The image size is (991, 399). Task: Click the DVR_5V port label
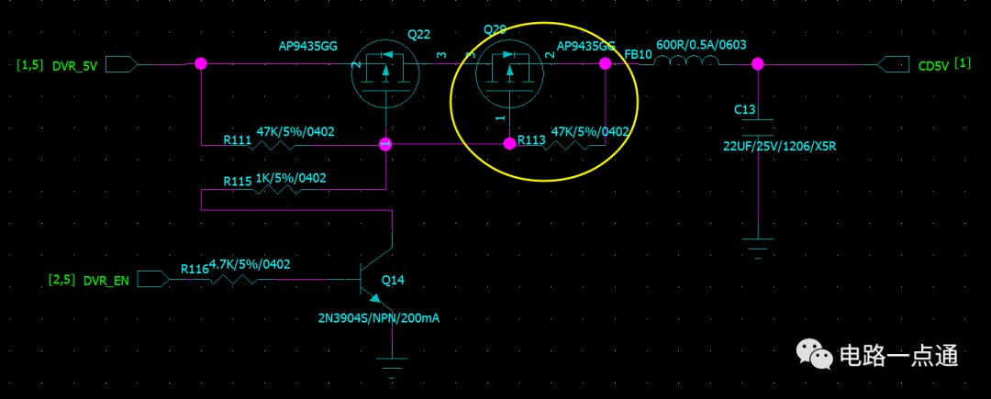(74, 66)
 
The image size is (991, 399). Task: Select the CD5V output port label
(932, 66)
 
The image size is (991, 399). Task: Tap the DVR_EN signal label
(106, 281)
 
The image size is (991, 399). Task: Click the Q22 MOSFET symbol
(385, 74)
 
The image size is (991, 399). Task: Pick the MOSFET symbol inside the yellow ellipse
(509, 74)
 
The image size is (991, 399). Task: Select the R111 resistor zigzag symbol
(273, 145)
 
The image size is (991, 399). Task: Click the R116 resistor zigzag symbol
(230, 279)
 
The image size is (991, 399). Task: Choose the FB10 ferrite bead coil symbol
(685, 61)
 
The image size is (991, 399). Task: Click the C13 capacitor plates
(758, 127)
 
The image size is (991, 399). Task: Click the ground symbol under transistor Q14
(393, 367)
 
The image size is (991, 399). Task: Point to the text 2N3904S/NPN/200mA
(379, 318)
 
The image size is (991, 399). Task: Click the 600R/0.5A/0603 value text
(702, 45)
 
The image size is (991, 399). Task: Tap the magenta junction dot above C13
(758, 64)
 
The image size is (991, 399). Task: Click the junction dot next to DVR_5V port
(201, 64)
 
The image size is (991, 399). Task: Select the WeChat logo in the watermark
(814, 354)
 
